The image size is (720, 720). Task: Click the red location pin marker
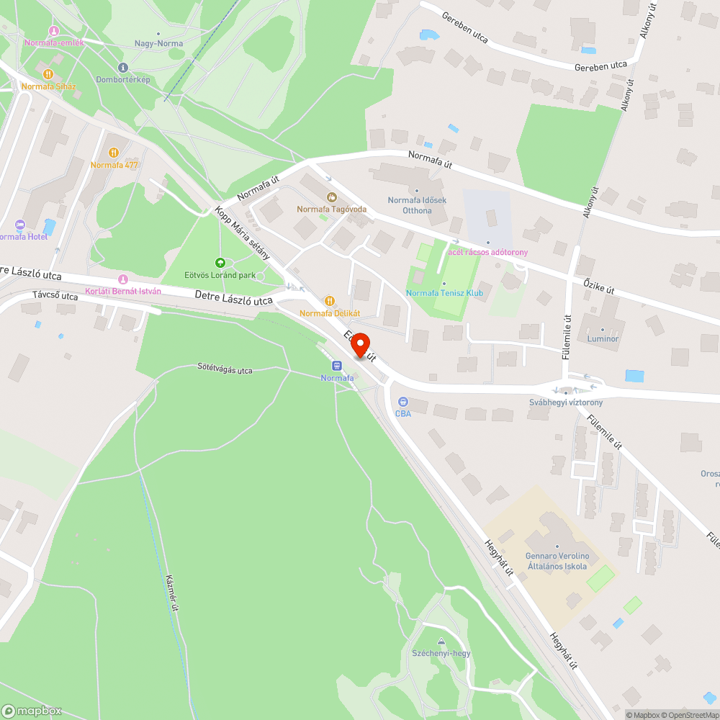[360, 346]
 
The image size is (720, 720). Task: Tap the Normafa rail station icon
[337, 365]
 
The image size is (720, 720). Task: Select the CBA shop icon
[402, 402]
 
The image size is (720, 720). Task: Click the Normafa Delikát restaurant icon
[330, 301]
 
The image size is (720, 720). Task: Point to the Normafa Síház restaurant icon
[48, 74]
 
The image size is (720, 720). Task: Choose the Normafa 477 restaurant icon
[114, 153]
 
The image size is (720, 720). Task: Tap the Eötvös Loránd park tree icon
[220, 262]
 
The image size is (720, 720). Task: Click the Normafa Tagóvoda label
[332, 209]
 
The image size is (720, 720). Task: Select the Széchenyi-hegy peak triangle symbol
[441, 642]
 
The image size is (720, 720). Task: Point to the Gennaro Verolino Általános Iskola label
[558, 561]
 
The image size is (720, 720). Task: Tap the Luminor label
[603, 338]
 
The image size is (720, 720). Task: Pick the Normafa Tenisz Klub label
[444, 293]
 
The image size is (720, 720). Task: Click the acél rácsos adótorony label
[488, 252]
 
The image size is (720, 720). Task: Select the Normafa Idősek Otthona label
[417, 205]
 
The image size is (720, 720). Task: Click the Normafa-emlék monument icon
[53, 30]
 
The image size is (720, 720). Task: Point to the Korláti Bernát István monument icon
[122, 279]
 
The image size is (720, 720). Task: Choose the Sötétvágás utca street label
[225, 370]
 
